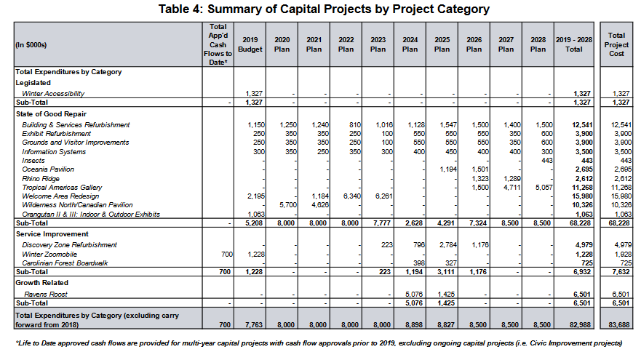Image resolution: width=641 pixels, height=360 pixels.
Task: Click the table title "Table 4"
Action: pyautogui.click(x=180, y=9)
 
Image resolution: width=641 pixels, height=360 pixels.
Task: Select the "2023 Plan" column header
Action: pyautogui.click(x=378, y=44)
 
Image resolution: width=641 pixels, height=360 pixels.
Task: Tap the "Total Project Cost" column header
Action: pyautogui.click(x=616, y=44)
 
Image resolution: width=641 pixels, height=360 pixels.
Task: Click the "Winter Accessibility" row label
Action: pyautogui.click(x=53, y=94)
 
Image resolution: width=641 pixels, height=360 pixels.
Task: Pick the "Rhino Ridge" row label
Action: pyautogui.click(x=41, y=179)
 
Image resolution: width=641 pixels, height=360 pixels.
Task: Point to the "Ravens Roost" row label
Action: pyautogui.click(x=45, y=295)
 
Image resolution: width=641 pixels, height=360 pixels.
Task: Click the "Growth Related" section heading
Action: pyautogui.click(x=41, y=283)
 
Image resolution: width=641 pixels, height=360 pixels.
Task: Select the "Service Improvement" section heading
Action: pyautogui.click(x=52, y=234)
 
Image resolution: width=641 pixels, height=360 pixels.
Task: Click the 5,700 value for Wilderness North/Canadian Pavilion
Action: pyautogui.click(x=288, y=204)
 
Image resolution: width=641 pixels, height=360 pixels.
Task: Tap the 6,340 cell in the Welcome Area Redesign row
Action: pyautogui.click(x=352, y=196)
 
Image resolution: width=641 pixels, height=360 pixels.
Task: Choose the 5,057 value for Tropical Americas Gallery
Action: pyautogui.click(x=544, y=188)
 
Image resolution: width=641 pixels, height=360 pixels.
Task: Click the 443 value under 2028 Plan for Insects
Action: pyautogui.click(x=547, y=161)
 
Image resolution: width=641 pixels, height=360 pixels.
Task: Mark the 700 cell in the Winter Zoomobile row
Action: pyautogui.click(x=227, y=254)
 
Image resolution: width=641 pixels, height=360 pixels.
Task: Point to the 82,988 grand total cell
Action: pyautogui.click(x=580, y=325)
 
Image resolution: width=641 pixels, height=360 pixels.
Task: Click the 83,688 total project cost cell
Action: pyautogui.click(x=618, y=325)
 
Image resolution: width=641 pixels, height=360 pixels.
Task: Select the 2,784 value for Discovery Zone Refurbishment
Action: pyautogui.click(x=448, y=245)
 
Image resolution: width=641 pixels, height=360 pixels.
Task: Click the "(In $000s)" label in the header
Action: pyautogui.click(x=31, y=45)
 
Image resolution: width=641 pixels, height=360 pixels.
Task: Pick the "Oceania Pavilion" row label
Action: pyautogui.click(x=48, y=169)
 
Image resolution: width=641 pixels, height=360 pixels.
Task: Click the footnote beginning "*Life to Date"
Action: pyautogui.click(x=319, y=343)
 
